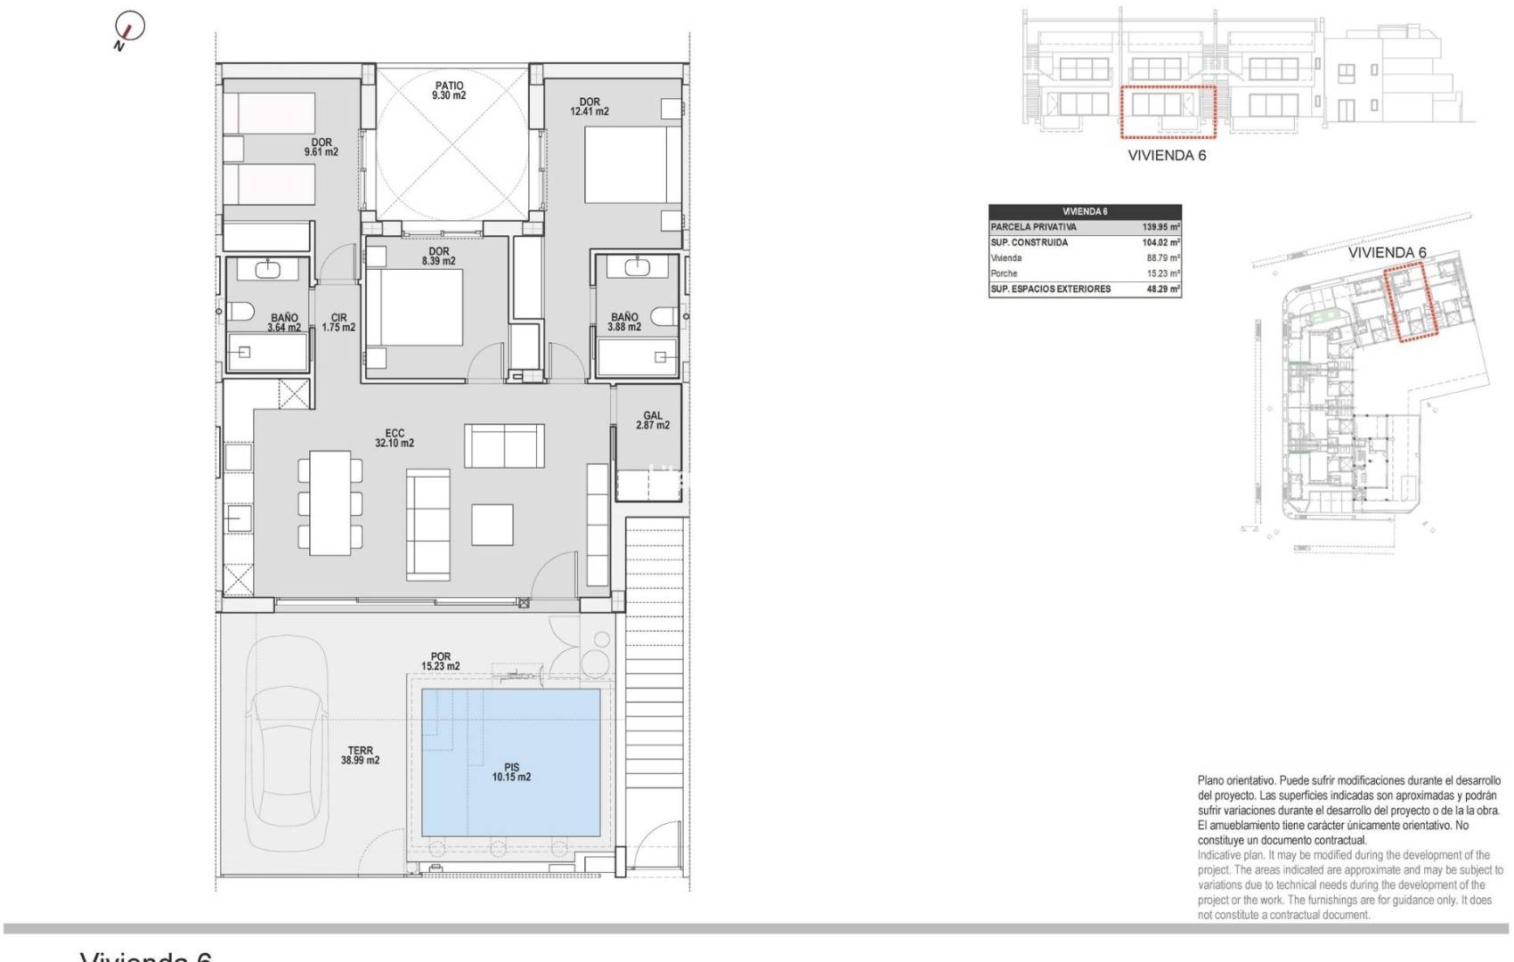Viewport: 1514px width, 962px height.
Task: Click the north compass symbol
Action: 129,29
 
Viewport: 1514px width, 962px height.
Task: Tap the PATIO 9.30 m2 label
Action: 449,91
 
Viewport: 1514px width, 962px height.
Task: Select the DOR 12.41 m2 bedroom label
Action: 590,107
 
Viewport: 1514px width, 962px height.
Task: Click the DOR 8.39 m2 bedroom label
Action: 438,257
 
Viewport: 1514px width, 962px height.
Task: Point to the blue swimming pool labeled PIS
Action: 510,762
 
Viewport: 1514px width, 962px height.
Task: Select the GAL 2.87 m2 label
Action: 653,420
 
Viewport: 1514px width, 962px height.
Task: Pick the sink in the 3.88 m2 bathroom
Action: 638,266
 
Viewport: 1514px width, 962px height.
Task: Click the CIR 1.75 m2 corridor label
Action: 338,322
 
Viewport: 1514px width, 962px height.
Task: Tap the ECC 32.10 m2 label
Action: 395,438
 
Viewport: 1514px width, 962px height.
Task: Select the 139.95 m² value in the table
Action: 1160,227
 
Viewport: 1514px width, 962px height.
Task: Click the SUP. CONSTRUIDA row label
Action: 1029,242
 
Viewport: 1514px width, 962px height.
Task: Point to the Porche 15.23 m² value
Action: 1162,273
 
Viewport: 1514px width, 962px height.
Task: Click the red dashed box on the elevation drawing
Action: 1168,112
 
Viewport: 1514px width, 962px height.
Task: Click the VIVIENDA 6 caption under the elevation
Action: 1167,155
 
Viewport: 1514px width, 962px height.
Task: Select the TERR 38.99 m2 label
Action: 360,755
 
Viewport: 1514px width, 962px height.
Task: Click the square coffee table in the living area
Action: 492,525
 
